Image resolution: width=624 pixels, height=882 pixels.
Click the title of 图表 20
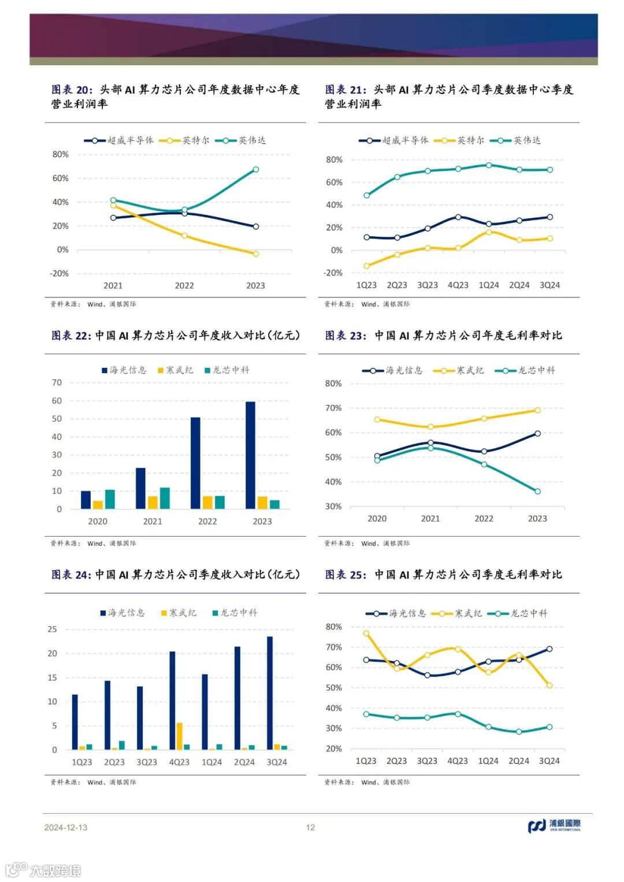point(175,96)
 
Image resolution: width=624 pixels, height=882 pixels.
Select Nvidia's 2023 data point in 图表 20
point(256,170)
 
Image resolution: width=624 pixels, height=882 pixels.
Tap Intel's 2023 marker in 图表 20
point(256,254)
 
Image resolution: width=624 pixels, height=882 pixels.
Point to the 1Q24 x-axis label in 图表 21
point(489,285)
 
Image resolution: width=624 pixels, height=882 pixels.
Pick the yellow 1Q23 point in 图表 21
point(367,266)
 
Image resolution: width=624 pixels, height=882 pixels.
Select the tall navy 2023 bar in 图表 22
point(250,455)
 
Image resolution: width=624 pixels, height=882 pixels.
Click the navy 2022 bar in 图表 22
point(195,463)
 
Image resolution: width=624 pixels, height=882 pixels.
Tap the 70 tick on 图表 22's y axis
point(57,382)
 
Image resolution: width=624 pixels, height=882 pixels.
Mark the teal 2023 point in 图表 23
point(537,492)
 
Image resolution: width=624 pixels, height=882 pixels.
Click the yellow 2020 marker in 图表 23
point(377,419)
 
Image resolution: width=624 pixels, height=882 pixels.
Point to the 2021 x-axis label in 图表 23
point(430,519)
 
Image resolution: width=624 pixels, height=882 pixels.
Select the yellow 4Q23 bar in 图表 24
point(179,736)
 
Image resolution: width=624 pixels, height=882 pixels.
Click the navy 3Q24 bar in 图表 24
point(270,693)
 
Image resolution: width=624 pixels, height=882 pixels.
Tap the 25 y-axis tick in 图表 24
point(53,629)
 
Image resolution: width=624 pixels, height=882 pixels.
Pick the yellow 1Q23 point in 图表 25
point(366,634)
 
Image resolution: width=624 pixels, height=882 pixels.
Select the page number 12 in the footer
point(311,828)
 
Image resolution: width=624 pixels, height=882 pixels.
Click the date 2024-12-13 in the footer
point(66,828)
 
